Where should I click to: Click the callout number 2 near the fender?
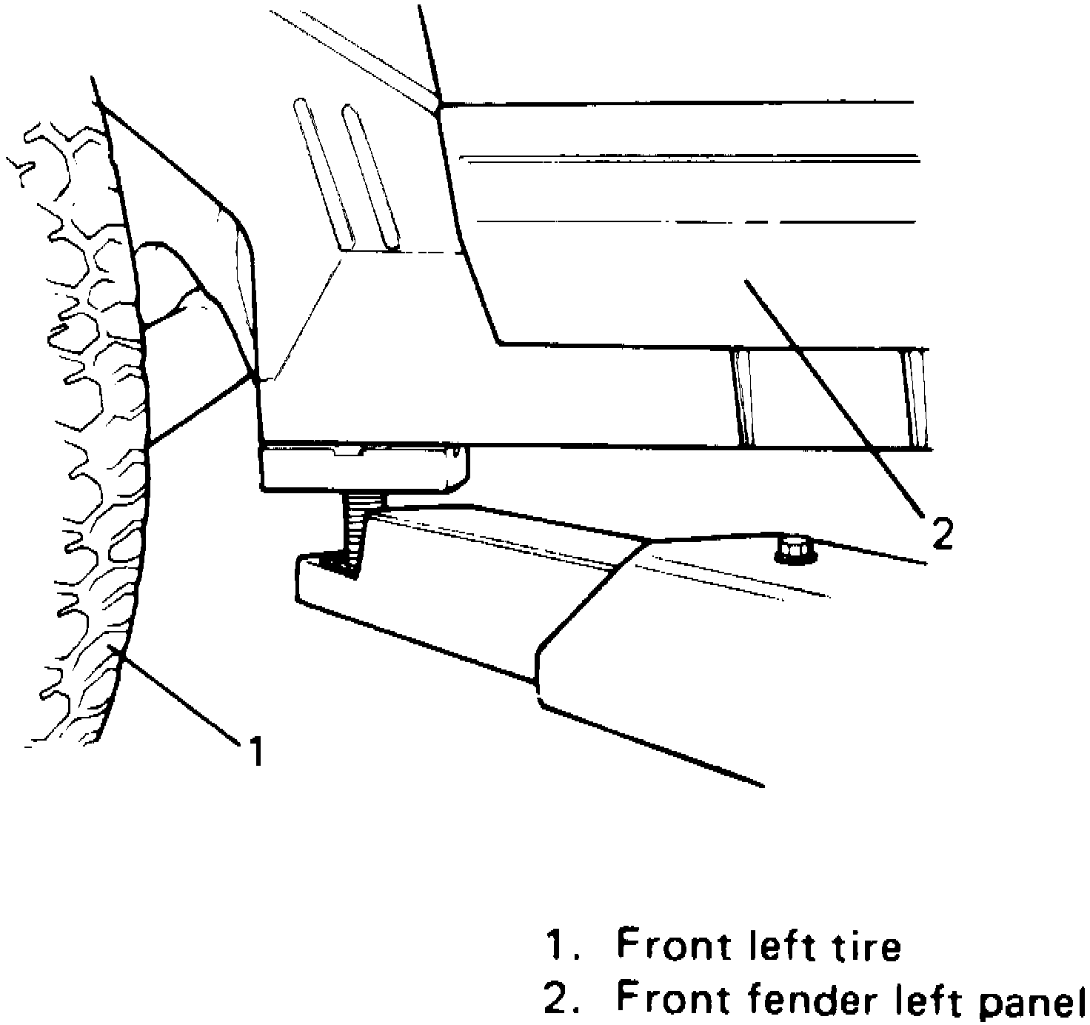[942, 533]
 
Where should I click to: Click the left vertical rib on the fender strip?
[743, 397]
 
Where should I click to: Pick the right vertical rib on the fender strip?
[916, 397]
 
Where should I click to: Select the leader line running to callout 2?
[829, 393]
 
